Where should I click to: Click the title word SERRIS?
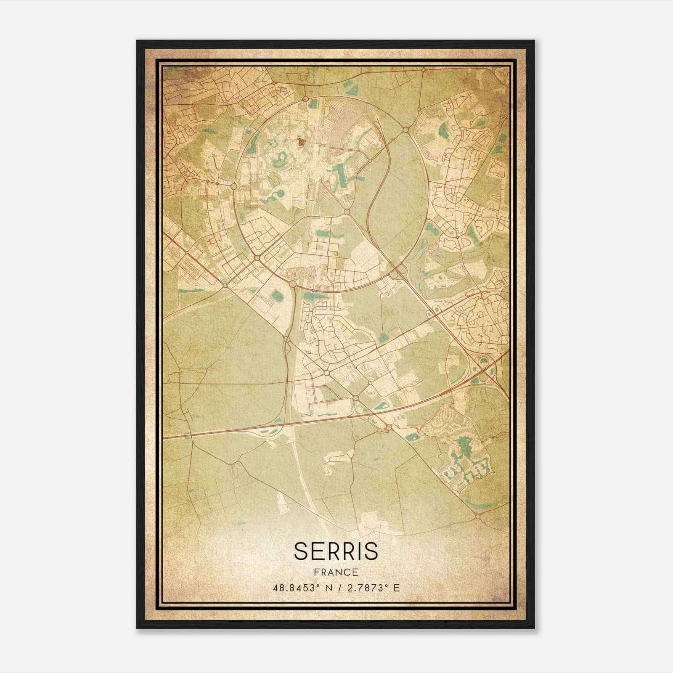click(336, 551)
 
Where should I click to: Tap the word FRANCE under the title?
click(336, 572)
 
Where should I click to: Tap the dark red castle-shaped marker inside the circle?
click(301, 142)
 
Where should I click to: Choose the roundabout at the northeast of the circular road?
click(405, 130)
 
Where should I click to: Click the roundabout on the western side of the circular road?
click(233, 185)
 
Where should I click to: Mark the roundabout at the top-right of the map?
click(424, 69)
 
